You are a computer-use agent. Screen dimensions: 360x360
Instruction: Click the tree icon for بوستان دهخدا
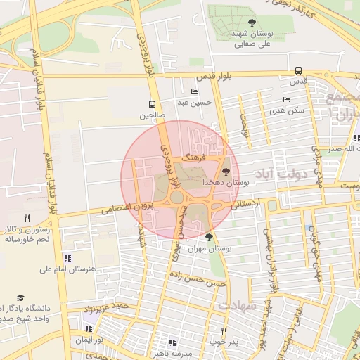coord(225,172)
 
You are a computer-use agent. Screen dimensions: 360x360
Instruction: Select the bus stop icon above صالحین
coord(152,103)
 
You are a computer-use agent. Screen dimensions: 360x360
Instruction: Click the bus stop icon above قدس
coord(299,70)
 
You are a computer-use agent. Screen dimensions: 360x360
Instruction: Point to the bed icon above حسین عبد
coord(194,92)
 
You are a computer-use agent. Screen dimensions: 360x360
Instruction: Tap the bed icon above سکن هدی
coord(286,99)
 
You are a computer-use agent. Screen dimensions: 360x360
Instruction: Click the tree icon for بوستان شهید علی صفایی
coord(252,23)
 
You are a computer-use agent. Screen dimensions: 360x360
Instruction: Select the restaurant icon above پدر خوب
coord(224,331)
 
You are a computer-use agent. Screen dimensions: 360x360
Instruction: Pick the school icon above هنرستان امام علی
coord(67,258)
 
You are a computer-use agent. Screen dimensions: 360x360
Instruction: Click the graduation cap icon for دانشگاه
coord(20,297)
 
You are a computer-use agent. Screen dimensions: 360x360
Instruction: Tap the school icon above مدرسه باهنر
coord(173,342)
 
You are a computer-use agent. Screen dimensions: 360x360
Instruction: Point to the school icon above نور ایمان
coord(88,328)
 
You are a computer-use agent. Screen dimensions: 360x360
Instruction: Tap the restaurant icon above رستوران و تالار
coord(27,219)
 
